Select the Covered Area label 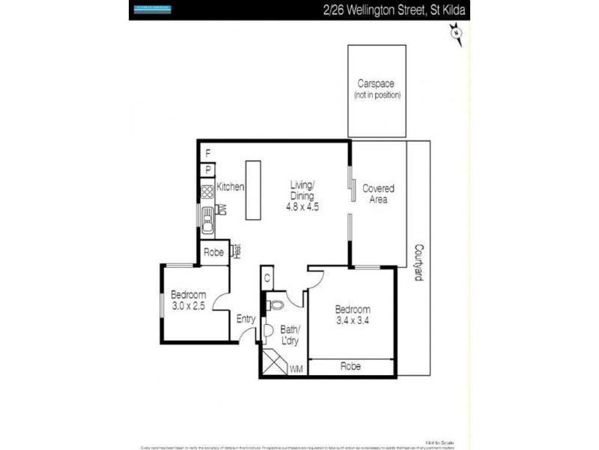point(378,193)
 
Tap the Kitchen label point(230,187)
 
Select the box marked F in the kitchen point(207,154)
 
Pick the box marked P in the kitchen point(207,169)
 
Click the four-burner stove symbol point(207,191)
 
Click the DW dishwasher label point(222,210)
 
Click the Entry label point(246,319)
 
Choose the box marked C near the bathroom point(267,277)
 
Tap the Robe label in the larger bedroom point(351,367)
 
